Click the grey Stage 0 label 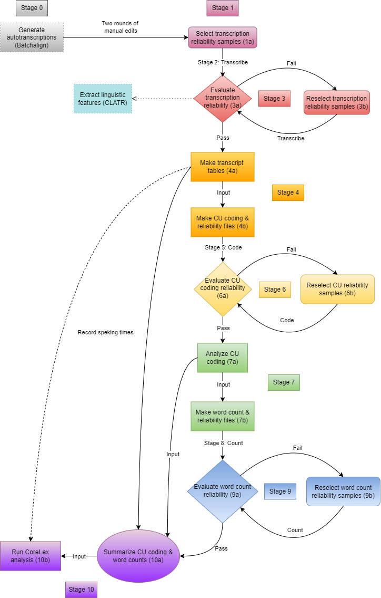[x=32, y=8]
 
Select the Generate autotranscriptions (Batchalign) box [x=32, y=37]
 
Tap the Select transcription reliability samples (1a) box [x=223, y=37]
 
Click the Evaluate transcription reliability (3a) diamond [x=223, y=98]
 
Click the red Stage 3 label [x=274, y=99]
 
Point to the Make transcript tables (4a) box [x=222, y=167]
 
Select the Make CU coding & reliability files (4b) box [x=222, y=222]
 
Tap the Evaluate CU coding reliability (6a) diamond [x=223, y=289]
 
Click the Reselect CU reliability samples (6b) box [x=337, y=289]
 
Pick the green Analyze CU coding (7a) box [x=222, y=358]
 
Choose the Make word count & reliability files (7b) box [x=222, y=416]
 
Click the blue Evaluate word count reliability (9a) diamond [x=223, y=491]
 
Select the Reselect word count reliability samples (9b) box [x=343, y=491]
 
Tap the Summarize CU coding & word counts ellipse [x=138, y=556]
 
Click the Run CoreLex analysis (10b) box [x=31, y=556]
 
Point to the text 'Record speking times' [x=105, y=333]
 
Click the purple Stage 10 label [x=81, y=590]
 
